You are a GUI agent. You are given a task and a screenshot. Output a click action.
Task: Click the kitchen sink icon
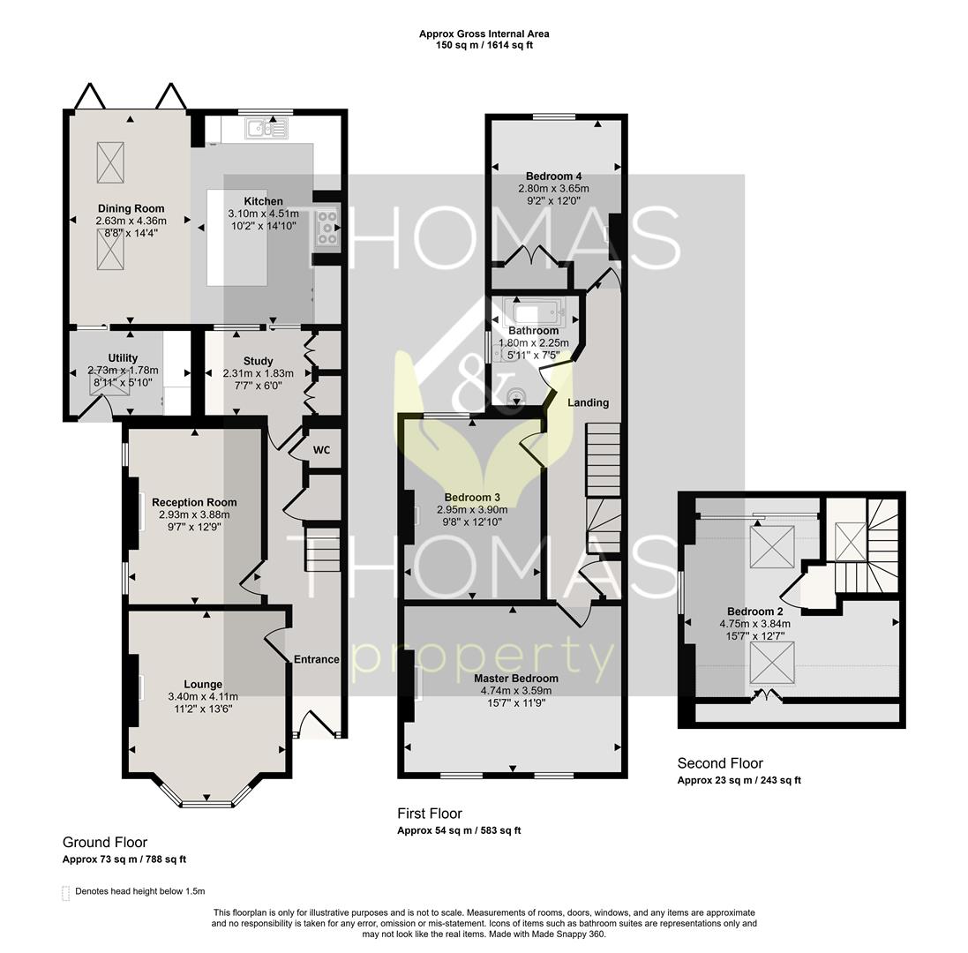266,128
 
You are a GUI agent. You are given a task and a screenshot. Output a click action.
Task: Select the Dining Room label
131,208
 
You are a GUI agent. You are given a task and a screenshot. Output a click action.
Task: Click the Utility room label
123,358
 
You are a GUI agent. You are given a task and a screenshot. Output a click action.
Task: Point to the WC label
321,450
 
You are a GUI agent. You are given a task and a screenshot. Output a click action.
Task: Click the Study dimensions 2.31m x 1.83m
258,373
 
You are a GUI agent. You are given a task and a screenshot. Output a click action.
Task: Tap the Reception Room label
194,502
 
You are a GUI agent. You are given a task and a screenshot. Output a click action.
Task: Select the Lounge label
203,684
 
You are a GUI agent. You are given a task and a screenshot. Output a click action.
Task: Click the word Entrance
317,659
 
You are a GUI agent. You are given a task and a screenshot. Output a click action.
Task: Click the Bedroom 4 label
554,176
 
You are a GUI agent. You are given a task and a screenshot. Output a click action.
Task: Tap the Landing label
589,402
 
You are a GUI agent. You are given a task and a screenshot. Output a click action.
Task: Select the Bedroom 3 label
472,498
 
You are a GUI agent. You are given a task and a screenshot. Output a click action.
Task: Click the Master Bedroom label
516,679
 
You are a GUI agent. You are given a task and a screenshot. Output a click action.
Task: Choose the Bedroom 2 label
755,612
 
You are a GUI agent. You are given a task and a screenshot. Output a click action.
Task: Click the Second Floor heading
720,763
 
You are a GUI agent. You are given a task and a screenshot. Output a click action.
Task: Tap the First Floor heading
430,814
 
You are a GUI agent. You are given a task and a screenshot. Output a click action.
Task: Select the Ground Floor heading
105,843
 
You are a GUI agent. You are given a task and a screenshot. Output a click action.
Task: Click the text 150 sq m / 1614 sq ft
484,45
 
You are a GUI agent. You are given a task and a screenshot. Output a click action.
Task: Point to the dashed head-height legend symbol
65,893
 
